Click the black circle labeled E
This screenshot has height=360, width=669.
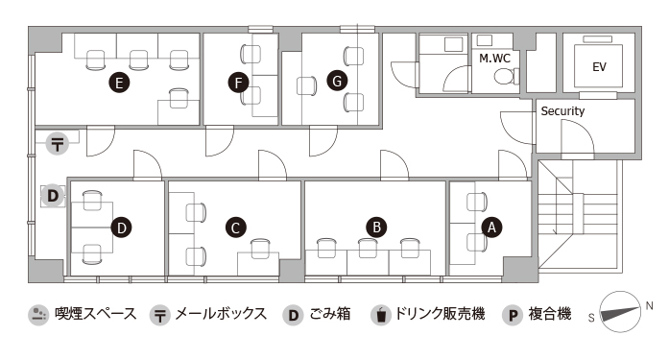[119, 83]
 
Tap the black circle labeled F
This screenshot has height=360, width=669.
[238, 83]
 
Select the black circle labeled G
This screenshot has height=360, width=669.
[337, 81]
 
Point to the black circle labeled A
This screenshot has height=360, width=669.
[491, 228]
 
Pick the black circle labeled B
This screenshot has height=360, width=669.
[376, 227]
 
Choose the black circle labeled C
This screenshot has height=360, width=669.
[235, 228]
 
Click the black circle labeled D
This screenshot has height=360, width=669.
[122, 228]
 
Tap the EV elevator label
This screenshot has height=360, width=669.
[599, 67]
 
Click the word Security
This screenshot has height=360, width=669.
[562, 111]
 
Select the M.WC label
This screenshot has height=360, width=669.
[495, 58]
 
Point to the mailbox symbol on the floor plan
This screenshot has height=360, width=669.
[58, 143]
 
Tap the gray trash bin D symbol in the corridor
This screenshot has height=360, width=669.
[53, 196]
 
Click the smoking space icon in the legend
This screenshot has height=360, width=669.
[38, 315]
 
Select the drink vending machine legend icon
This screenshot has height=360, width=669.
[381, 315]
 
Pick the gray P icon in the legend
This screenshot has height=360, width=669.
[513, 315]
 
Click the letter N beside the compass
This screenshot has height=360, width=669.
[649, 306]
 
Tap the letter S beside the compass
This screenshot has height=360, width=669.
[591, 318]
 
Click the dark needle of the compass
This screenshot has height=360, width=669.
[620, 314]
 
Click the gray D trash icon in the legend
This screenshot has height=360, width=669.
[293, 315]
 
